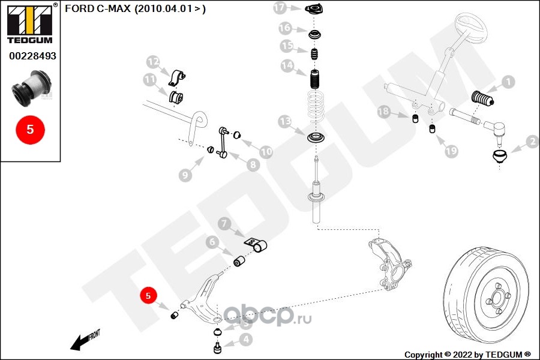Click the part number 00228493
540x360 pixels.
[32, 55]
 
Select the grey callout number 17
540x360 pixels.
[280, 8]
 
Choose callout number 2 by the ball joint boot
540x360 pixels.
[532, 142]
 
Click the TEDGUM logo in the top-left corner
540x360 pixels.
[29, 22]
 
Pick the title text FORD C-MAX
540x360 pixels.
[97, 8]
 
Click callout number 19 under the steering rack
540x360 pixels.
[451, 151]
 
